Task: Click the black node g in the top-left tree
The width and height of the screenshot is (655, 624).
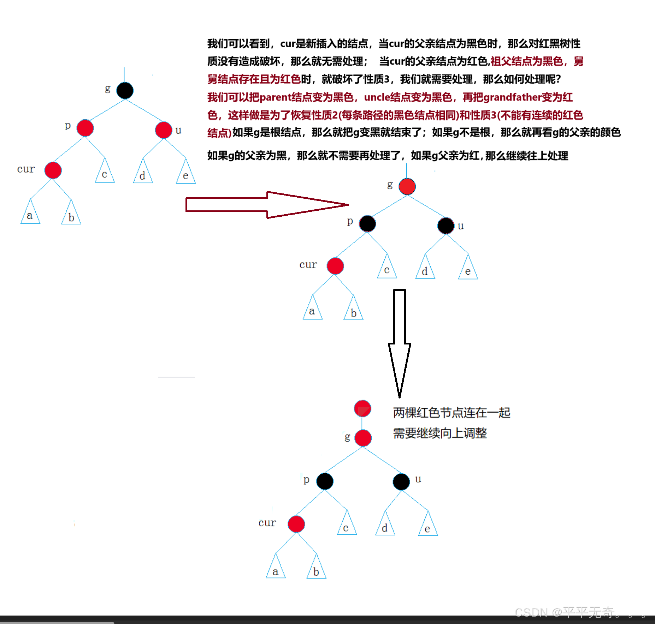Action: tap(125, 91)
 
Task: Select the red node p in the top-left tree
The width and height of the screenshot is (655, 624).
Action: tap(85, 128)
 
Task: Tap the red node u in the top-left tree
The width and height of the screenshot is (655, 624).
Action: tap(164, 130)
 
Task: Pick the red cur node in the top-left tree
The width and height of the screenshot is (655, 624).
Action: tap(53, 170)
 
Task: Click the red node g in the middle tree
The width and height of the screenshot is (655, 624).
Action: tap(407, 187)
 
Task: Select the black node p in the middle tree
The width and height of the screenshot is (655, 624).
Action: tap(367, 224)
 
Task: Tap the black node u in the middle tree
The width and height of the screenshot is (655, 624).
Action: tap(446, 226)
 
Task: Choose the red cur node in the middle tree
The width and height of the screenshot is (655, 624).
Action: tap(335, 266)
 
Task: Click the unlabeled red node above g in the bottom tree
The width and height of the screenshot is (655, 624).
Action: tap(362, 409)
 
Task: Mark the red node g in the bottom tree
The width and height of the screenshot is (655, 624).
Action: tap(363, 438)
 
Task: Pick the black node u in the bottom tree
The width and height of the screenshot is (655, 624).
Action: tap(401, 482)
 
